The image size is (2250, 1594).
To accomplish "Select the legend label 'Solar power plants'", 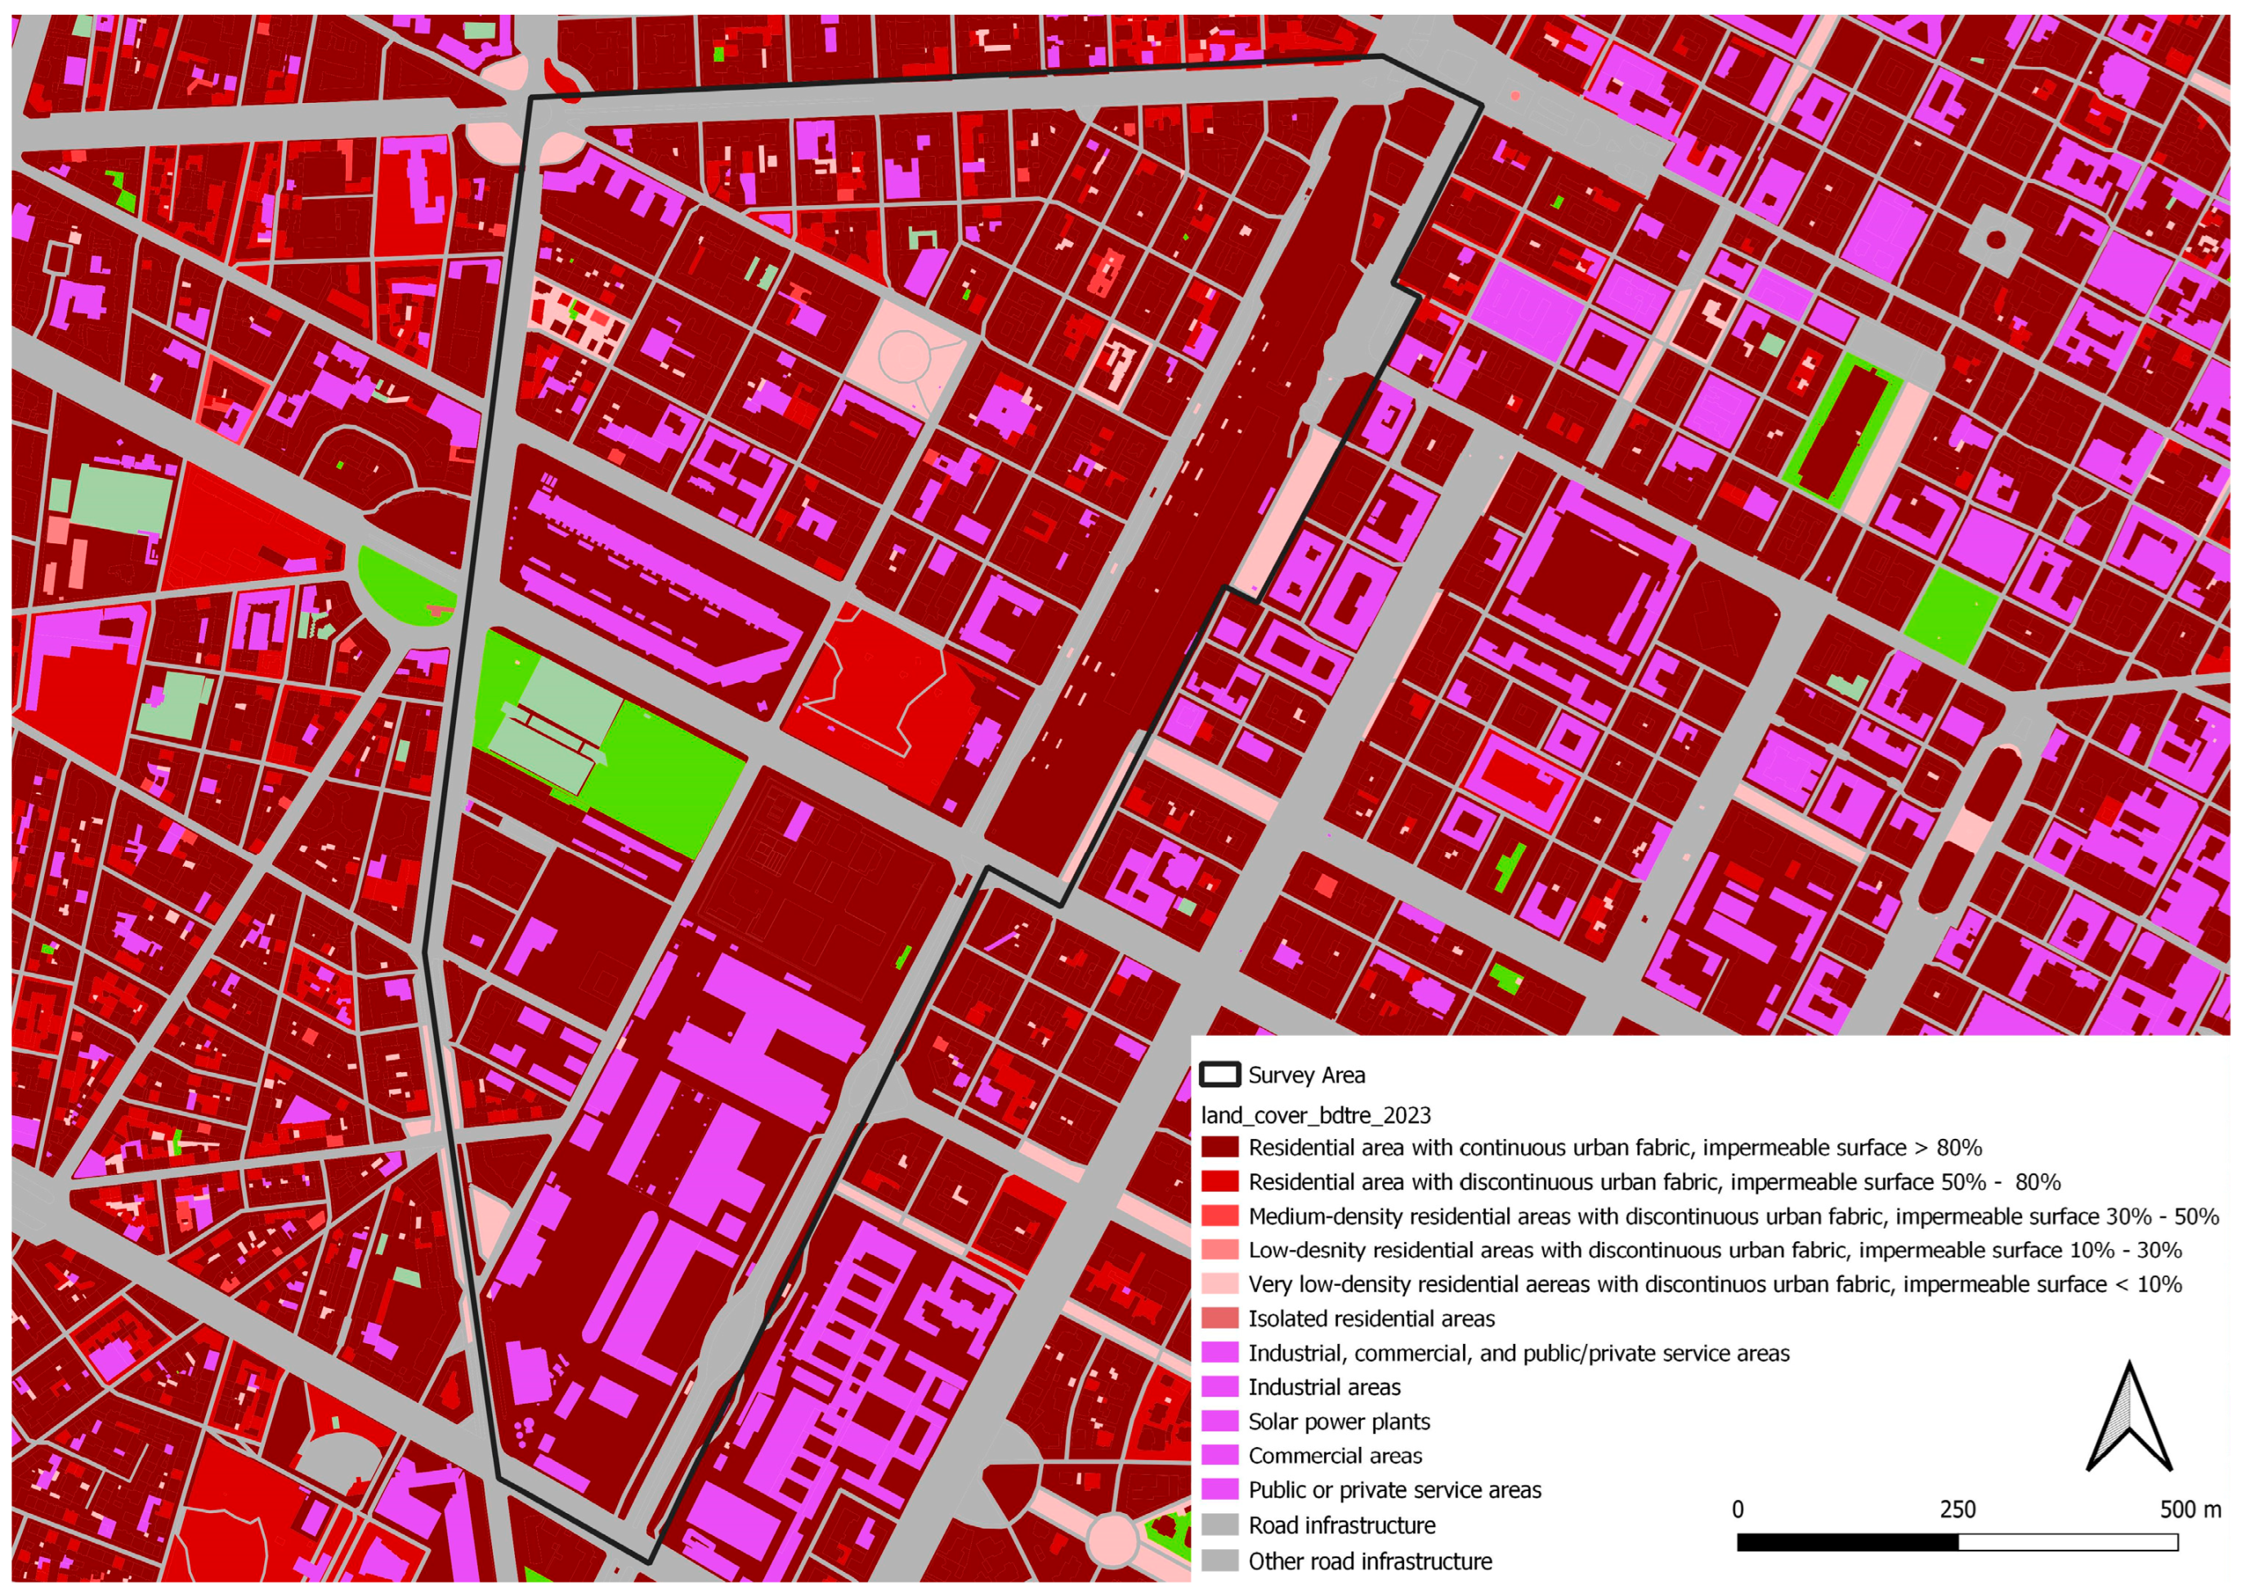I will (1338, 1422).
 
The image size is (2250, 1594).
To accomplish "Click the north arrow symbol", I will (2128, 1420).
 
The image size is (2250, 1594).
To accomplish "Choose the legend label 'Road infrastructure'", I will (1341, 1525).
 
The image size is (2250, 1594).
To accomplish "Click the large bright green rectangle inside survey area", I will (668, 775).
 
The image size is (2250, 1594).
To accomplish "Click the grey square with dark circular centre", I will (1995, 239).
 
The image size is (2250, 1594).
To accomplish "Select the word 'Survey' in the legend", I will (1276, 1074).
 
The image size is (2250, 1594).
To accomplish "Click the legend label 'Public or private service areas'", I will (1394, 1490).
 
